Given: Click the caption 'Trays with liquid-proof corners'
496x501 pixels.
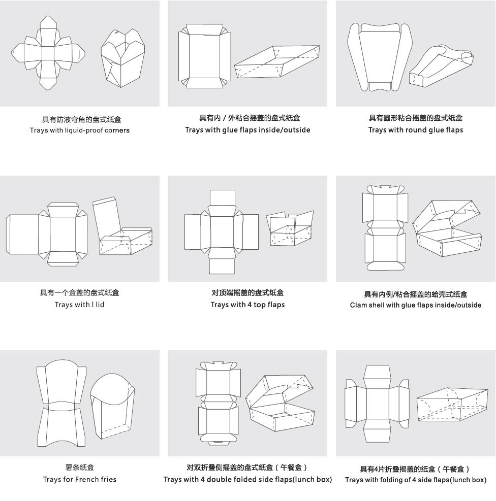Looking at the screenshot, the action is click(80, 130).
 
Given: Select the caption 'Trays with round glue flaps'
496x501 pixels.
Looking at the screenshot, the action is click(415, 130).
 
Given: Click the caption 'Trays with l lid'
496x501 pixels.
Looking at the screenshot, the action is click(80, 305).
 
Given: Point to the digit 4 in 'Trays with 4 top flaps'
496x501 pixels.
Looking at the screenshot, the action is click(250, 305).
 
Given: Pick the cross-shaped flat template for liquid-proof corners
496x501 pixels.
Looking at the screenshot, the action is click(48, 53).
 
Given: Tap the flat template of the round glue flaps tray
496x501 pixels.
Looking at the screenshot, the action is click(380, 57).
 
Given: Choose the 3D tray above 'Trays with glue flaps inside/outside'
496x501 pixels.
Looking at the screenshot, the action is click(277, 61).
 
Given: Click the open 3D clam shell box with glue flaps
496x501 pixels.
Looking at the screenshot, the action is click(447, 228).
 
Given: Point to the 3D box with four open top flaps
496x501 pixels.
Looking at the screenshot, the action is click(290, 228).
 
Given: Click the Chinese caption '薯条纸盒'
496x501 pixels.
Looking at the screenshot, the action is click(80, 467).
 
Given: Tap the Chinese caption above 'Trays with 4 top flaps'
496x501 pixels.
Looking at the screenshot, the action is click(247, 293).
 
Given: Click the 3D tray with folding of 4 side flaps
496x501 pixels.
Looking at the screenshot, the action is click(452, 405).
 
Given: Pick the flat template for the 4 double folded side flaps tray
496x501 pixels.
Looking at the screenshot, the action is click(218, 403).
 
